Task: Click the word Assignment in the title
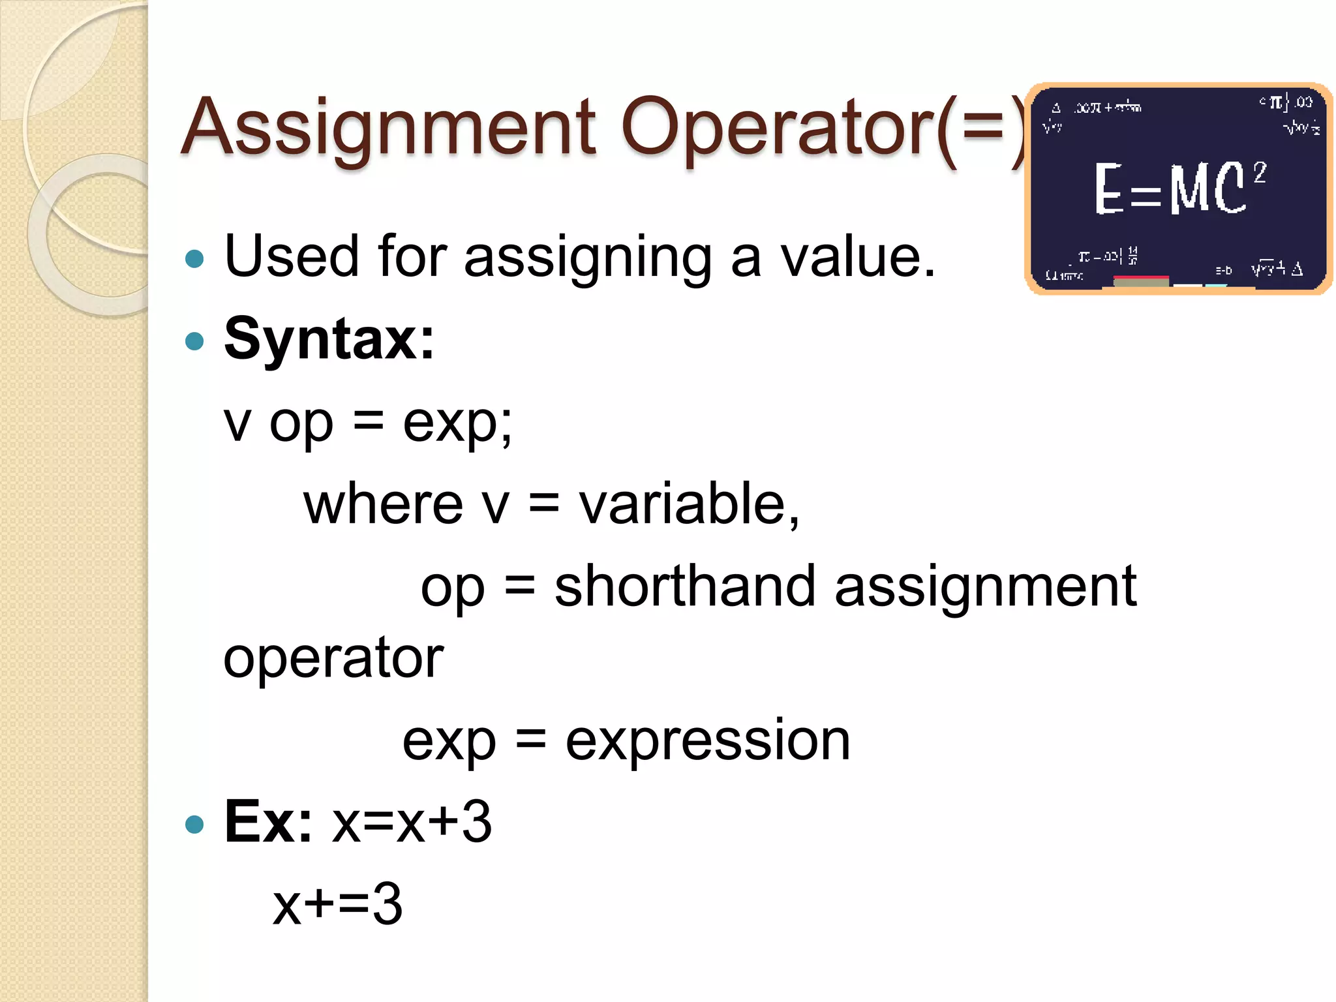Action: (389, 129)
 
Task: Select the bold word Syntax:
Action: (329, 339)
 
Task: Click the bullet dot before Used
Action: (194, 259)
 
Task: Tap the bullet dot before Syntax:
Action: (194, 341)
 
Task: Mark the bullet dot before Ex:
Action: (194, 824)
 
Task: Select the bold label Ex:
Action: (268, 822)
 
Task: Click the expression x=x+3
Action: (412, 822)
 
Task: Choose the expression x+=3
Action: (337, 904)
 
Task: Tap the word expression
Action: (708, 741)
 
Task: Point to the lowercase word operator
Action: (333, 659)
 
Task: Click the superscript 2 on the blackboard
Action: (1260, 173)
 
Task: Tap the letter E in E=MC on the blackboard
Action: (1109, 189)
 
